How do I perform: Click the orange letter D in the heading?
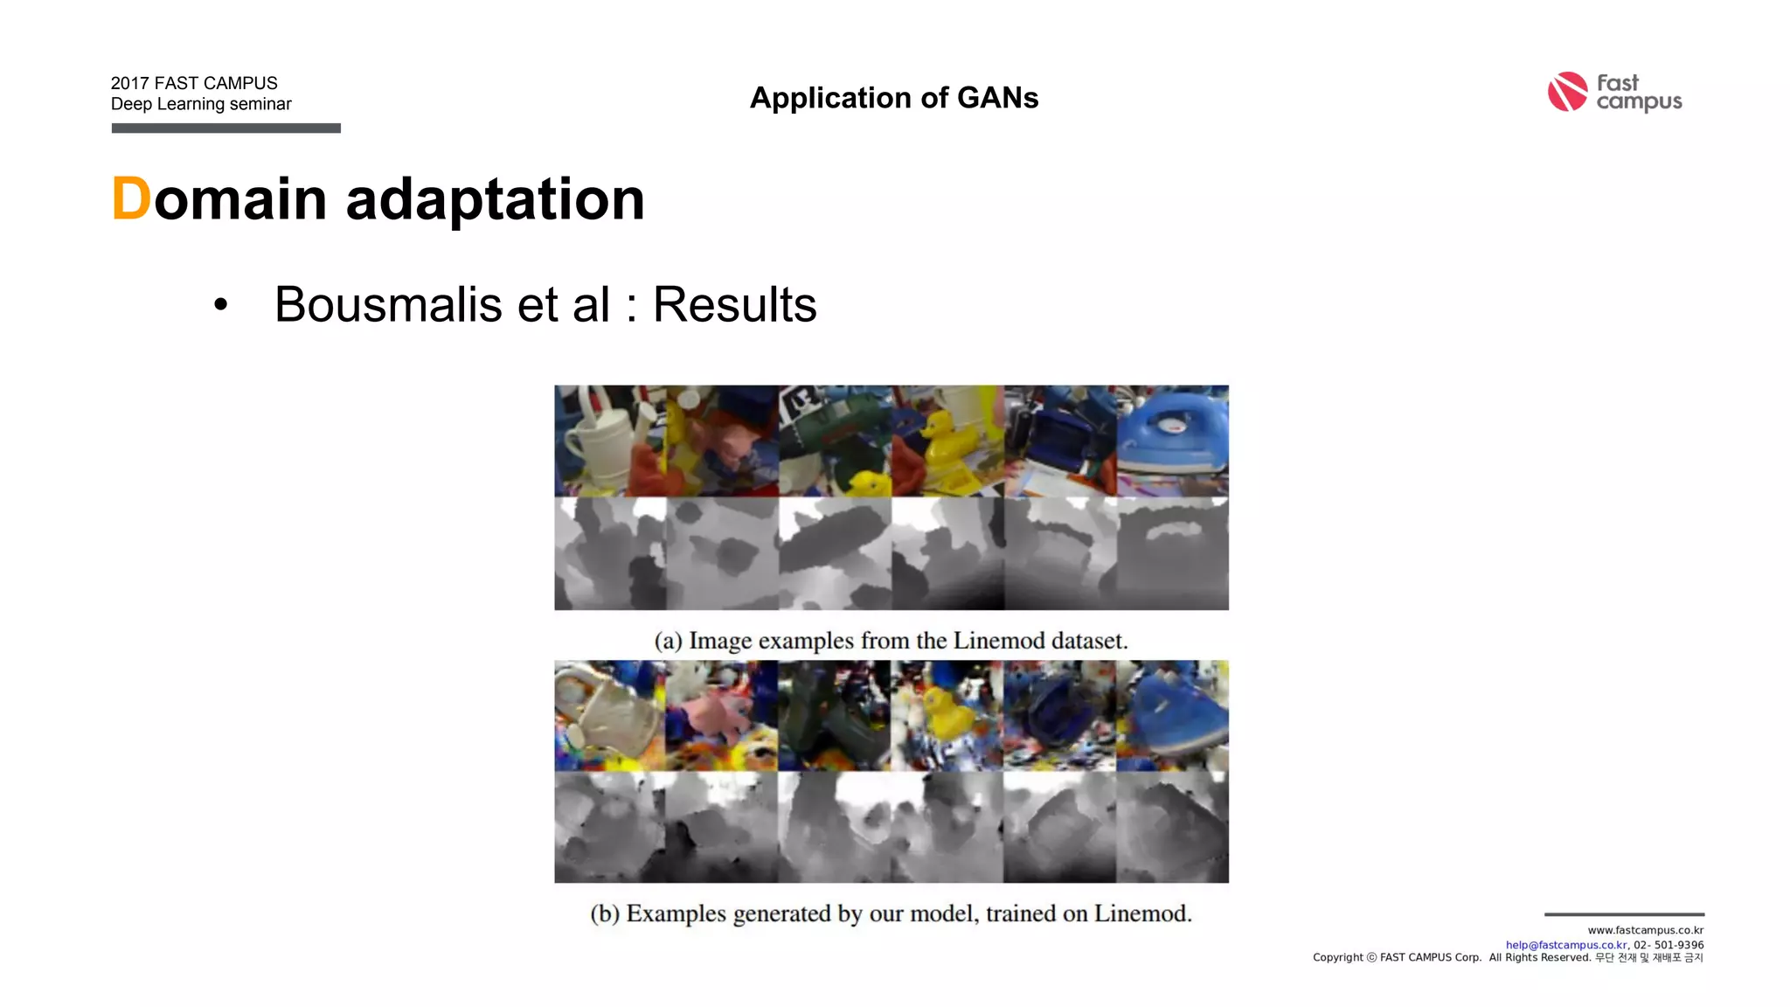[x=131, y=199]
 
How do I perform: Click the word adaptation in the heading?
[x=495, y=199]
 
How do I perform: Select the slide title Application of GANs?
[x=894, y=98]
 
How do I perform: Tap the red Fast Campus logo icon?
[x=1567, y=92]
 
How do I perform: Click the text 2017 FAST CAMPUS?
[x=194, y=83]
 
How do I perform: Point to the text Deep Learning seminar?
[x=201, y=104]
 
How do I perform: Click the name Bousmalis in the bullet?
[x=388, y=304]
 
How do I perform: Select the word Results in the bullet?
[x=734, y=304]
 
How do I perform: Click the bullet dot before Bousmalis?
[x=220, y=305]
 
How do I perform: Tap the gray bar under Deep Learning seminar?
[x=225, y=128]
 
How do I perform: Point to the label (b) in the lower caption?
[x=605, y=913]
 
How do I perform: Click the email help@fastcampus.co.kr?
[x=1566, y=945]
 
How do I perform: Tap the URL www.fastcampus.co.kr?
[x=1645, y=930]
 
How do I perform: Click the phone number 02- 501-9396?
[x=1669, y=945]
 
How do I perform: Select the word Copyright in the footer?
[x=1337, y=958]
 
